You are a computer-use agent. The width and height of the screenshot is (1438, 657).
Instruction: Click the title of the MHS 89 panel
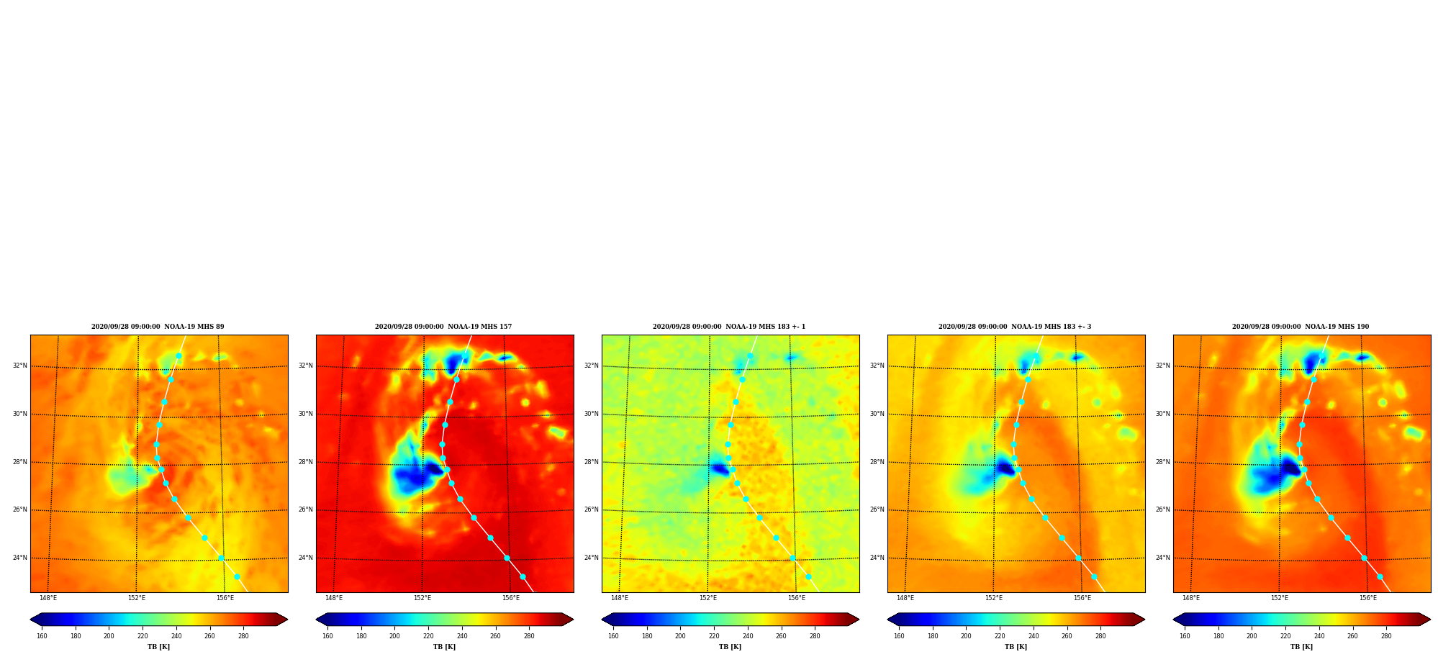click(x=158, y=327)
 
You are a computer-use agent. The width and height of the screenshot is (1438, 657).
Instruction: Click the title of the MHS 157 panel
click(x=443, y=327)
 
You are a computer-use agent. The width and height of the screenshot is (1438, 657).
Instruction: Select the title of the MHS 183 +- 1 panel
click(x=729, y=327)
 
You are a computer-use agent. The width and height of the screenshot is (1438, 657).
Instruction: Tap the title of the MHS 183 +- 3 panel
click(x=1015, y=327)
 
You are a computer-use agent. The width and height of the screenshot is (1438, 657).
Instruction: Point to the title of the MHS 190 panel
click(x=1301, y=327)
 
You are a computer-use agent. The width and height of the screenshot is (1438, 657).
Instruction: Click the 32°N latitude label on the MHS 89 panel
click(x=19, y=366)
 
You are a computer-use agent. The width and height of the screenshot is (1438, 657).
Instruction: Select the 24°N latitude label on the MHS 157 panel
click(x=305, y=558)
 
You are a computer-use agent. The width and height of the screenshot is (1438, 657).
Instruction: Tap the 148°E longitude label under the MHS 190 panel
click(x=1191, y=598)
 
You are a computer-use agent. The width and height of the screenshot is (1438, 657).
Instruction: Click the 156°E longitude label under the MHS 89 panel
click(x=225, y=598)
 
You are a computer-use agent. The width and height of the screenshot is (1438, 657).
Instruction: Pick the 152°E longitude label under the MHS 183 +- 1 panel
click(x=708, y=598)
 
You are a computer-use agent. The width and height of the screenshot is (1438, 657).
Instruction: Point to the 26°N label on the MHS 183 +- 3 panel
click(x=877, y=509)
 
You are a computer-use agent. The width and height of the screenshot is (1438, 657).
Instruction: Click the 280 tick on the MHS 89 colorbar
click(x=243, y=636)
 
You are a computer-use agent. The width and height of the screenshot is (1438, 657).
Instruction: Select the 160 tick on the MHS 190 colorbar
click(x=1185, y=636)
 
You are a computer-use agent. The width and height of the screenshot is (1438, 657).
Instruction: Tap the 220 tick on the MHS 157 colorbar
click(x=428, y=636)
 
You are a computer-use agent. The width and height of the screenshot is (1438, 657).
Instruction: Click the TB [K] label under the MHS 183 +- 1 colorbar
click(x=730, y=647)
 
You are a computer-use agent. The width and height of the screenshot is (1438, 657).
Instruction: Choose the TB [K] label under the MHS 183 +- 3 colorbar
click(x=1016, y=647)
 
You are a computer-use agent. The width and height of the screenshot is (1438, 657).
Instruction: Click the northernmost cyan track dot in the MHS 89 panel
click(x=178, y=355)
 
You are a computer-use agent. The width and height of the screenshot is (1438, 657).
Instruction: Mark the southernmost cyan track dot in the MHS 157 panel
click(x=523, y=576)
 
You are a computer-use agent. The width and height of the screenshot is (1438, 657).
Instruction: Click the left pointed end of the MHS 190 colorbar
click(x=1174, y=620)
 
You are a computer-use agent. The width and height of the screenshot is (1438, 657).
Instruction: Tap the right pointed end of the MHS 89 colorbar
click(x=286, y=620)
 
